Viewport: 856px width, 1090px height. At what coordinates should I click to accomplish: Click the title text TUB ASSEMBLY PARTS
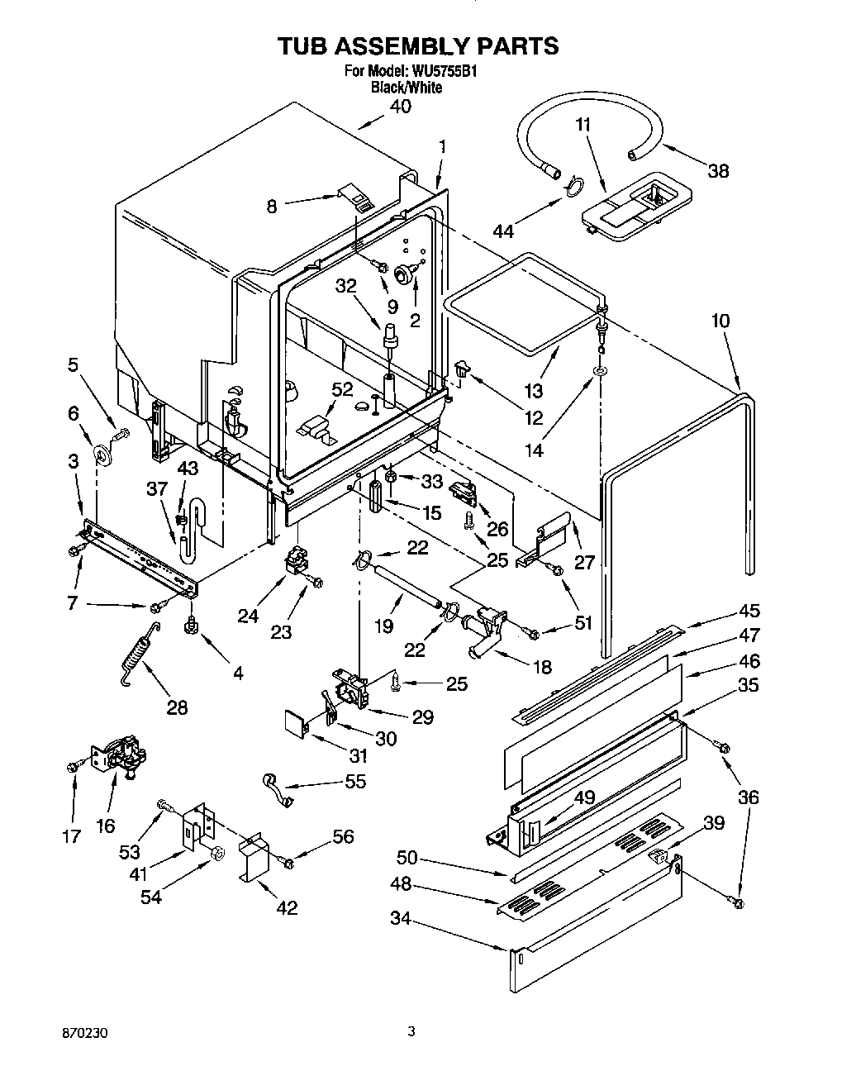[417, 46]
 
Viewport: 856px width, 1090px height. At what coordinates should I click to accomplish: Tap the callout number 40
[400, 107]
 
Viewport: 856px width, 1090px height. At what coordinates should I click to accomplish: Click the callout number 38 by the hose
[718, 171]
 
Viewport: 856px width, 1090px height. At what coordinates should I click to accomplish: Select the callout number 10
[720, 320]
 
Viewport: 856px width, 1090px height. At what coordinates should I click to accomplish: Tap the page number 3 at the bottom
[411, 1031]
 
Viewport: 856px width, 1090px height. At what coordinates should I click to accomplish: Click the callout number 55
[355, 781]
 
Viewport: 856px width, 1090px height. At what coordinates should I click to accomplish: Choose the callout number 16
[106, 825]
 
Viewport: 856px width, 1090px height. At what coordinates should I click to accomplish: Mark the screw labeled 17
[71, 768]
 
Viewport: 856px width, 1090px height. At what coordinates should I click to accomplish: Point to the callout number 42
[287, 907]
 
